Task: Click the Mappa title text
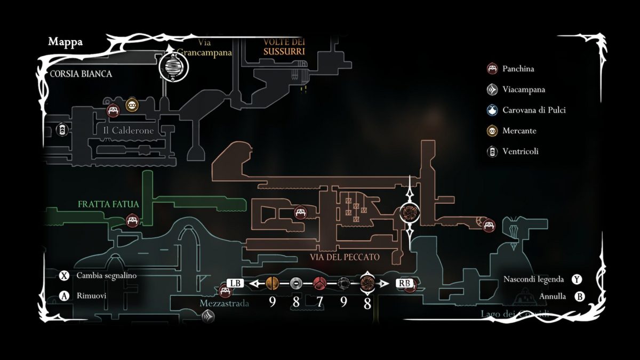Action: click(x=65, y=42)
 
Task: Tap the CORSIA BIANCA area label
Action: click(x=81, y=74)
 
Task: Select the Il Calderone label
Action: click(x=129, y=131)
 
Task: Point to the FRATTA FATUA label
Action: click(x=108, y=204)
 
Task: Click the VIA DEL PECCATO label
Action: click(x=345, y=257)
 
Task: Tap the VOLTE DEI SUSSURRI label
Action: click(x=284, y=47)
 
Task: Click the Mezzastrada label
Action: click(x=224, y=303)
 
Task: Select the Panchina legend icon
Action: click(x=492, y=69)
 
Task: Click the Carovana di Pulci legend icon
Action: click(x=492, y=110)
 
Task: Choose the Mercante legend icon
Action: click(x=492, y=131)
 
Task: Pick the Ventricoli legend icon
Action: click(x=492, y=151)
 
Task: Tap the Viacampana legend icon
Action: click(x=492, y=90)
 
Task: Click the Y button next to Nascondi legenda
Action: click(x=577, y=279)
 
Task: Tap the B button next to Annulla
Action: click(x=580, y=297)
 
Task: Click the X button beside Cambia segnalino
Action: click(x=65, y=276)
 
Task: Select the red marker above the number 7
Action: click(x=319, y=283)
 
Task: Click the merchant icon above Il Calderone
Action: click(x=132, y=105)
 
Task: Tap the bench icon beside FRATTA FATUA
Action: click(x=132, y=220)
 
